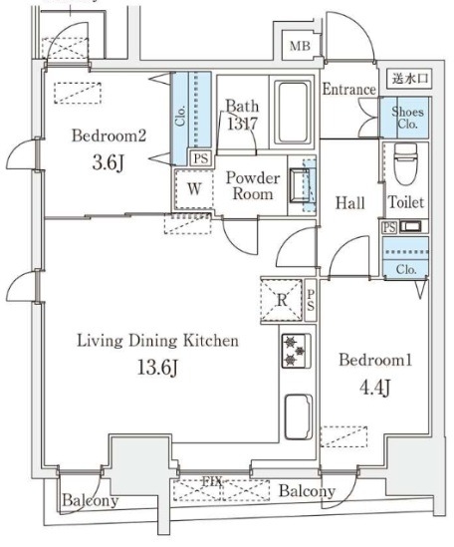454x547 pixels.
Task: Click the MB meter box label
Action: tap(300, 46)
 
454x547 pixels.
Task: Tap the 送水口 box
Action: tap(409, 78)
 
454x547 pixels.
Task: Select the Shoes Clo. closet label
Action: tap(407, 118)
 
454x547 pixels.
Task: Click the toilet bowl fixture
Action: tap(405, 164)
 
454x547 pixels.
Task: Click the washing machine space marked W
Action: tap(194, 189)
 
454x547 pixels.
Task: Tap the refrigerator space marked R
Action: tap(282, 300)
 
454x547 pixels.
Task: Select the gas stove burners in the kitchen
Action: tap(296, 351)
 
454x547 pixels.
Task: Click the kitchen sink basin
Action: tap(299, 416)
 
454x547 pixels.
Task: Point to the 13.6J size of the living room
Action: tap(158, 368)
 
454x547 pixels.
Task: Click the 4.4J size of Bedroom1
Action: tap(374, 389)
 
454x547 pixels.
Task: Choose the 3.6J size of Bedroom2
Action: tap(109, 162)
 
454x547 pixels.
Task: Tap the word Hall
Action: tap(350, 203)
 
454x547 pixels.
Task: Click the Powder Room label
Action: tap(253, 185)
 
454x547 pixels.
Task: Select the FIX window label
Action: tap(212, 482)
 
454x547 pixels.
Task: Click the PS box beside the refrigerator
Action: tap(311, 300)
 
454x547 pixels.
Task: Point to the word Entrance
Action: tap(349, 90)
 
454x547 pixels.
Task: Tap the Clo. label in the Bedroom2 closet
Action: tap(180, 116)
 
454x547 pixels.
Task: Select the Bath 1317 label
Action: tap(242, 115)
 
